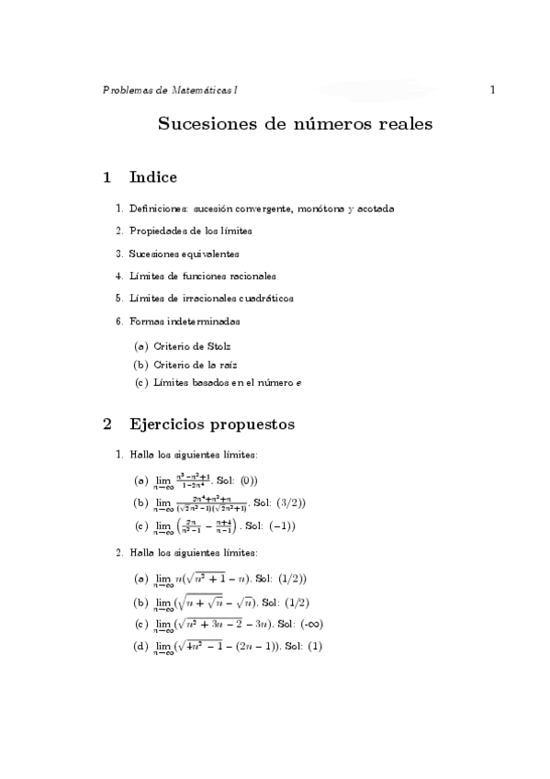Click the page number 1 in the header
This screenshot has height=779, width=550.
493,90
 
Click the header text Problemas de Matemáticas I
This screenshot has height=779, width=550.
170,90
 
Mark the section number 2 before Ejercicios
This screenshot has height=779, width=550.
107,424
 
